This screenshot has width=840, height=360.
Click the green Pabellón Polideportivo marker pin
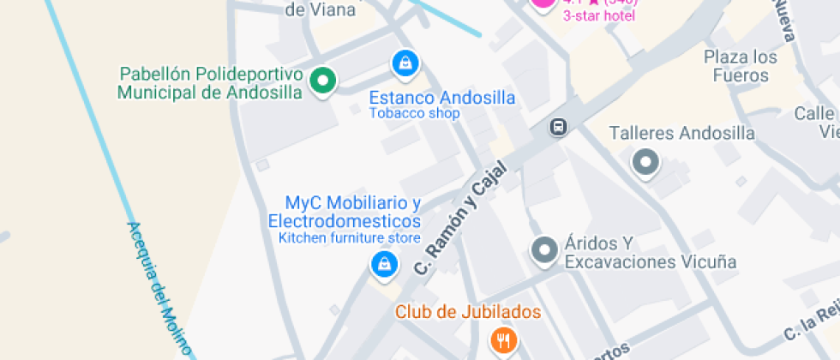pos(322,81)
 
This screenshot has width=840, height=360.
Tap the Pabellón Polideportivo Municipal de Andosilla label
pos(209,83)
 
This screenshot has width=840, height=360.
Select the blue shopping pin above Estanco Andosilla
pos(405,62)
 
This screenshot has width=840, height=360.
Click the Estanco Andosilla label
pos(441,97)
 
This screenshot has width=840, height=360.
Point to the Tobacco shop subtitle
pos(415,113)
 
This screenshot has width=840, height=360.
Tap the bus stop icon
pos(558,128)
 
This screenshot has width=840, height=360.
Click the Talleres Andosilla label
pos(681,133)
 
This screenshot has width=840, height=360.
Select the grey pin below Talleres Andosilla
pos(645,161)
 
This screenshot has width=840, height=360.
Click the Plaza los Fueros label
pos(741,66)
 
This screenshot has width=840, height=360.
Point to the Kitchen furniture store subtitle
pos(350,238)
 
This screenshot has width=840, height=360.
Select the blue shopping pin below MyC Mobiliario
pos(385,263)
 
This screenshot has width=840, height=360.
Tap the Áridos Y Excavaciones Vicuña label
pos(651,253)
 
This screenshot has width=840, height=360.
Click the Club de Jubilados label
pos(468,312)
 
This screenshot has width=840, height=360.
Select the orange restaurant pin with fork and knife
pos(504,340)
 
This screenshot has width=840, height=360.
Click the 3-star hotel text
pos(599,15)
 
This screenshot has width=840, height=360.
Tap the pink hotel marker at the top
pos(543,3)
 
